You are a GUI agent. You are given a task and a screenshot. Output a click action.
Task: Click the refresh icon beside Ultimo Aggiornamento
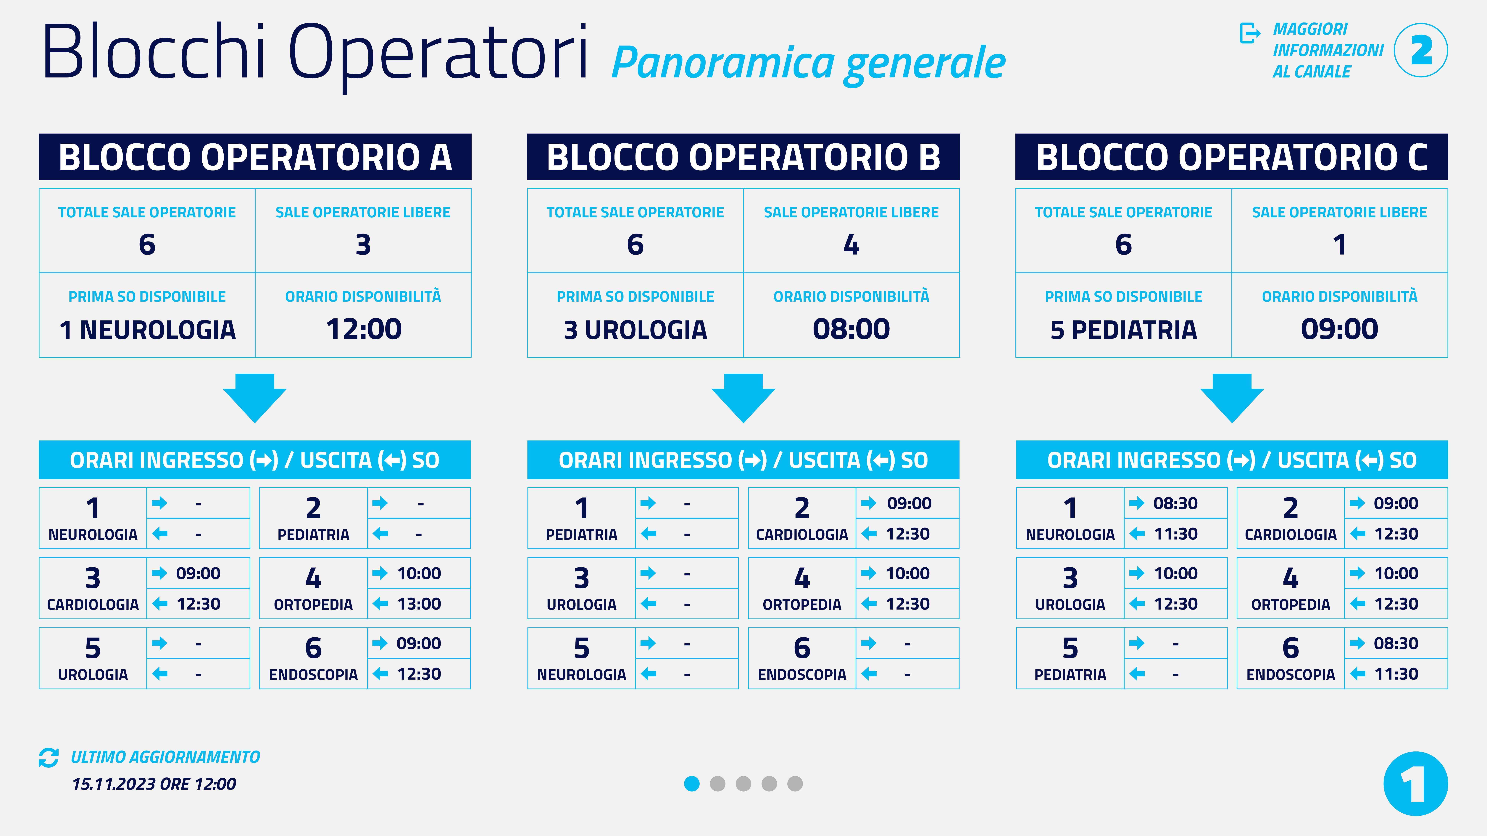[x=49, y=758]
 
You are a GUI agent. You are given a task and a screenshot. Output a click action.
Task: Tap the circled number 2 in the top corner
[x=1421, y=50]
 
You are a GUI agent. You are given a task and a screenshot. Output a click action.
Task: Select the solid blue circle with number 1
[x=1415, y=783]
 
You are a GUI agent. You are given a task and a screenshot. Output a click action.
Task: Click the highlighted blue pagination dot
[x=691, y=783]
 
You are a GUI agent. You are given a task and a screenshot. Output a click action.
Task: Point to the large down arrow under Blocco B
[x=743, y=398]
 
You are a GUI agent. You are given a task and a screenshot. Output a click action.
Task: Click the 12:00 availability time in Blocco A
[x=364, y=329]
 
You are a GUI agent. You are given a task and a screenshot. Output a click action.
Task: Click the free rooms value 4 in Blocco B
[x=851, y=245]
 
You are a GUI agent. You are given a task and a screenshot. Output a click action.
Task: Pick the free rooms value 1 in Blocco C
[x=1340, y=245]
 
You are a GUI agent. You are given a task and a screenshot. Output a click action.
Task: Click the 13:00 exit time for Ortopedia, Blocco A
[x=419, y=604]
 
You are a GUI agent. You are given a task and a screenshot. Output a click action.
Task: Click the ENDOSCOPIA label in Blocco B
[x=802, y=674]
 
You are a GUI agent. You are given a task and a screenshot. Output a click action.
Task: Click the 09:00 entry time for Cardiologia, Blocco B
[x=909, y=503]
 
